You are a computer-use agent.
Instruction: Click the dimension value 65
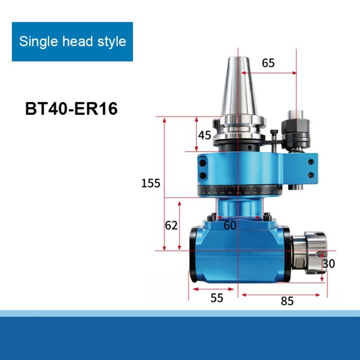click(268, 63)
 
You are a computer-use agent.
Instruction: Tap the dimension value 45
click(205, 135)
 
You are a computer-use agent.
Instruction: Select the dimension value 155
click(151, 183)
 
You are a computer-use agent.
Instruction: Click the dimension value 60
click(230, 225)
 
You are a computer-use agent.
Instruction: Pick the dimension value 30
click(328, 264)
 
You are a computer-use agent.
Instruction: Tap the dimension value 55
click(217, 298)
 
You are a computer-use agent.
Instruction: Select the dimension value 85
click(287, 301)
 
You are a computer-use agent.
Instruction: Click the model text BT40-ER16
click(71, 109)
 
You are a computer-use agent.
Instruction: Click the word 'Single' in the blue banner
click(37, 42)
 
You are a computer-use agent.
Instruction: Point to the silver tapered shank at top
click(238, 93)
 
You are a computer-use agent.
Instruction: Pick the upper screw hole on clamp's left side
click(203, 164)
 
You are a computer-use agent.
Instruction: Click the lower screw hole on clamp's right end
click(311, 175)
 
